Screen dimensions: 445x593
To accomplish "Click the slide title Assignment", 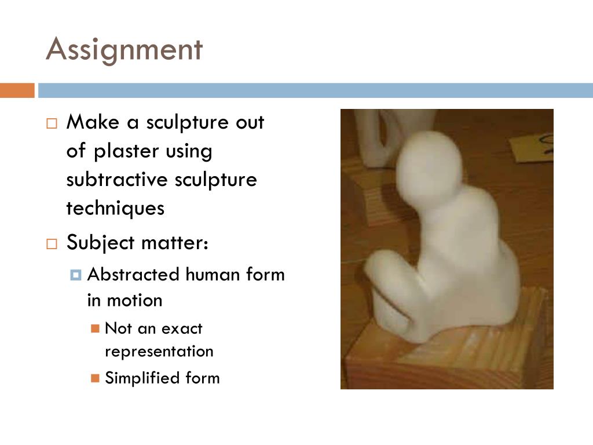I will pos(124,50).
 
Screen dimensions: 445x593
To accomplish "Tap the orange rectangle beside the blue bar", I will pos(17,90).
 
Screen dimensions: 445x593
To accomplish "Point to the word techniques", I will pos(115,208).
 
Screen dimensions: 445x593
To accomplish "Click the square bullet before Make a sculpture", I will pos(52,123).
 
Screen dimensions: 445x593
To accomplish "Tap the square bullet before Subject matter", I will pos(52,243).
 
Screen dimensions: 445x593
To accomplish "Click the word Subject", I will pos(100,242).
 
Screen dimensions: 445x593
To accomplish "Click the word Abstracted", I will pos(133,274).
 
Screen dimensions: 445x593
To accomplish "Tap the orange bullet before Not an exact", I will pos(96,329).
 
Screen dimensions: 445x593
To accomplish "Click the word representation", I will pos(159,352).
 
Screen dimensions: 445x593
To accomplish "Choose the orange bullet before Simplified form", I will pos(96,378).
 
